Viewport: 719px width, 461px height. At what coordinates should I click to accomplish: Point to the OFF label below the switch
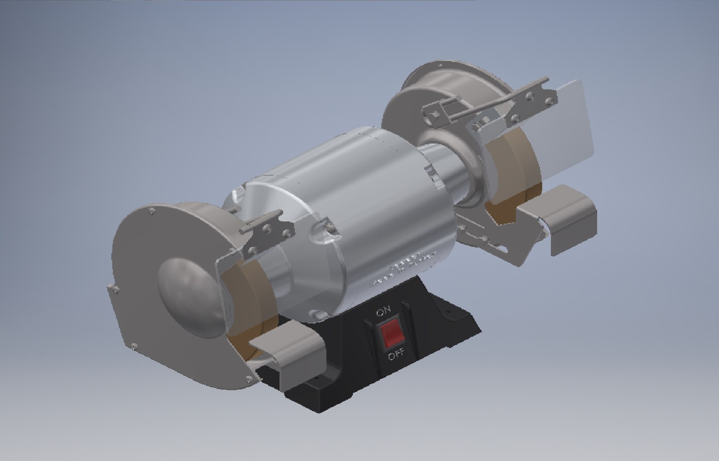pos(396,355)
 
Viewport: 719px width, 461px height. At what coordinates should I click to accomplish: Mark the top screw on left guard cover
pos(152,210)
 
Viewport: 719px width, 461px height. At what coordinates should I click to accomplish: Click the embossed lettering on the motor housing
pos(406,269)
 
